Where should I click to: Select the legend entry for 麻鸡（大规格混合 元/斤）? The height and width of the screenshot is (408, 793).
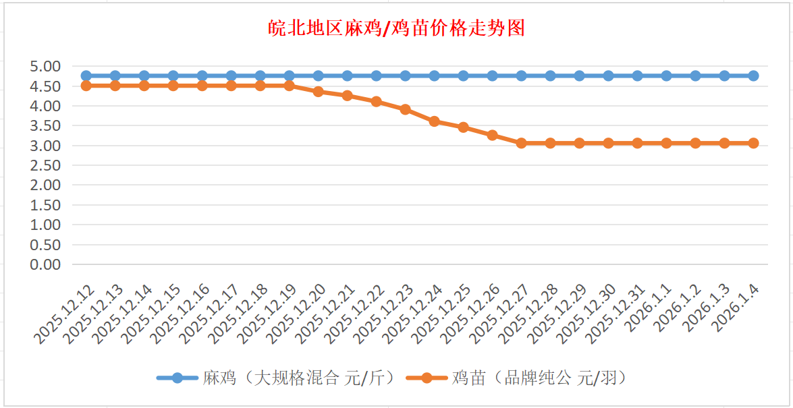pos(298,378)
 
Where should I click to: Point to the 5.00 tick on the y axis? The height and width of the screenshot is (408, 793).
pos(45,66)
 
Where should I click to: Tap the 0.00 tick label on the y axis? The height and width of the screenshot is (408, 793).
pos(45,264)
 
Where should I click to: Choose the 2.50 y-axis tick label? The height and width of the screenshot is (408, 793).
pos(45,165)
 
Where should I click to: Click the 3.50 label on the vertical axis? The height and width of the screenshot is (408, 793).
pos(45,125)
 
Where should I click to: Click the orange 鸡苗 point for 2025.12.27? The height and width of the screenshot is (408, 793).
pos(522,143)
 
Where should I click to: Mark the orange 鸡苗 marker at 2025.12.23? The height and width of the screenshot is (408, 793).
pos(406,109)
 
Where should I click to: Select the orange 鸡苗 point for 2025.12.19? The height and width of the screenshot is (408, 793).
pos(290,86)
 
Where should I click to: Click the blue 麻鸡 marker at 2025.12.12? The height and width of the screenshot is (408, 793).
pos(86,76)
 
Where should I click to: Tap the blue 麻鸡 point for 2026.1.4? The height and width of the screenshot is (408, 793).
pos(754,76)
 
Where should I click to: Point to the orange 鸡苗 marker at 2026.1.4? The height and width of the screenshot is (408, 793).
pos(754,143)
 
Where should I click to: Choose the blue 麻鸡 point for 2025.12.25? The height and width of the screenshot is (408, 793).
pos(464,76)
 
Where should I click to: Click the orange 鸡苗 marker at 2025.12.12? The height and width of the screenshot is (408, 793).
pos(86,86)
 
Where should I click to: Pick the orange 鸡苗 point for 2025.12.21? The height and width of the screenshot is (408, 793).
pos(348,96)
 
